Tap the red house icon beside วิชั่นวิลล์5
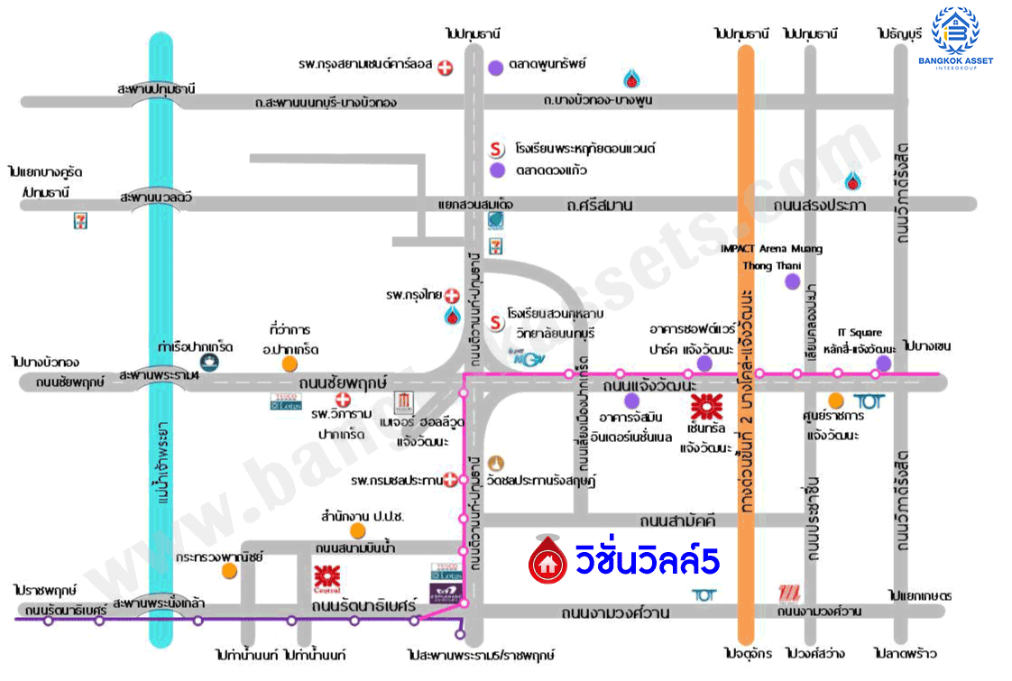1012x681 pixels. (546, 562)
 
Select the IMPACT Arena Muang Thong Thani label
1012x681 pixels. (770, 257)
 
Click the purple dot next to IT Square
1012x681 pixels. (883, 363)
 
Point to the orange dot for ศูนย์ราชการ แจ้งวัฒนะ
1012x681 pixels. (836, 400)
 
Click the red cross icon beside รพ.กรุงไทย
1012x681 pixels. (452, 295)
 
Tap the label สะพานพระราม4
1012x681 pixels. (157, 373)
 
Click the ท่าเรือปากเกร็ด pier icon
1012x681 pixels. (209, 362)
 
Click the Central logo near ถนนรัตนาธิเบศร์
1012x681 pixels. (326, 576)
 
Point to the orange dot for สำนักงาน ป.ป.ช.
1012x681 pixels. (358, 530)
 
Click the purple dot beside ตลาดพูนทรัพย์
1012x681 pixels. (495, 67)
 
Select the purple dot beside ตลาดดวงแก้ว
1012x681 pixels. (496, 170)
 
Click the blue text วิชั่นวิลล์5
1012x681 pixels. (647, 561)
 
